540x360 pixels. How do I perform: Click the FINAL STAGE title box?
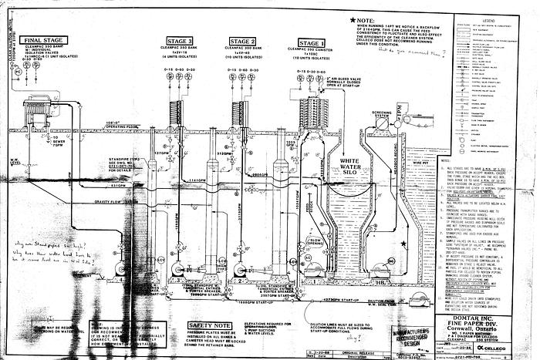click(x=43, y=40)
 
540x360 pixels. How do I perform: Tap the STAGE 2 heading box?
click(x=241, y=41)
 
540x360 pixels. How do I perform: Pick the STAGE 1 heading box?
click(x=312, y=44)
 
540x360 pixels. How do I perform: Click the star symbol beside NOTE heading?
click(x=353, y=17)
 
